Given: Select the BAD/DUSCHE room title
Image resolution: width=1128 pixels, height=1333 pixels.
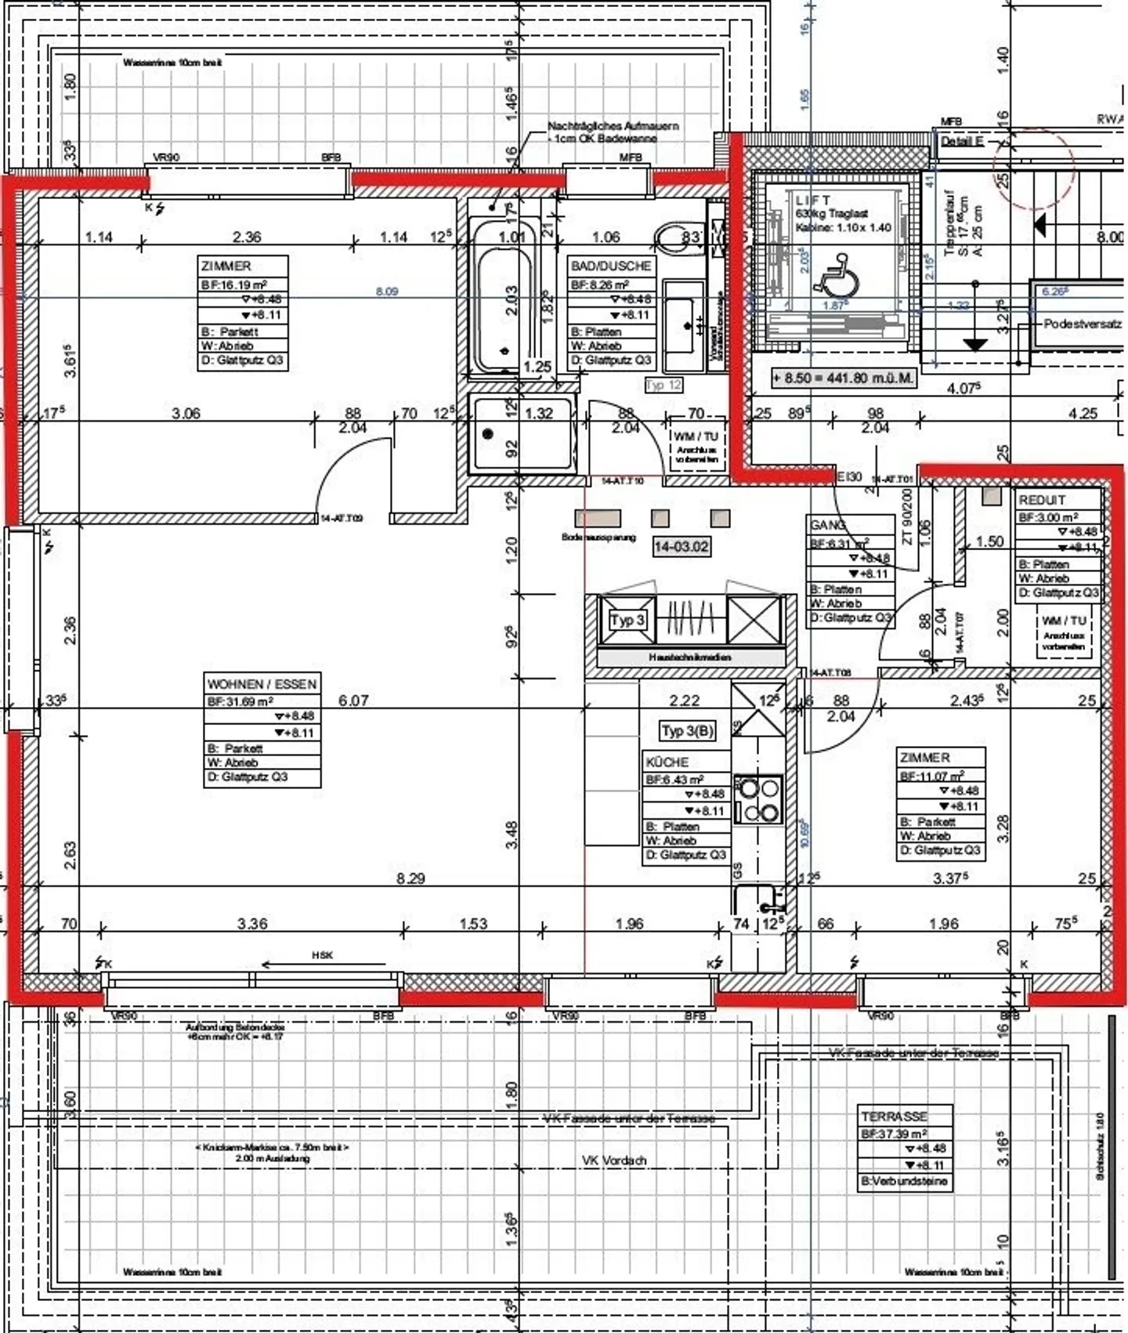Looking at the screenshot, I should coord(611,266).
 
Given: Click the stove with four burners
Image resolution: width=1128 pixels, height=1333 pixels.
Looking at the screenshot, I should coord(757,799).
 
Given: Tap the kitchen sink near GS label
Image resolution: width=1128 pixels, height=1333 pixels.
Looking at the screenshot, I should coord(755,901).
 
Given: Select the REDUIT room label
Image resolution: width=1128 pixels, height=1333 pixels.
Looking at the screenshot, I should coord(1042,500).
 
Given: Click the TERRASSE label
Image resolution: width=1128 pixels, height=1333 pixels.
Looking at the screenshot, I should coord(894,1117).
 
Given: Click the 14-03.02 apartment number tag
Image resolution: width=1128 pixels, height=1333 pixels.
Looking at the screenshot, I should coord(681,546).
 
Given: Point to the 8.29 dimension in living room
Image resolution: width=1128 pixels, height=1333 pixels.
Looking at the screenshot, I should coord(410,878).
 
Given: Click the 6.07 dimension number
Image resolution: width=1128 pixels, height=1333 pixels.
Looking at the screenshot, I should coord(353,701).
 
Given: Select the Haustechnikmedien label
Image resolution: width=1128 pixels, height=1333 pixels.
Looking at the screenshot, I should coord(690,657).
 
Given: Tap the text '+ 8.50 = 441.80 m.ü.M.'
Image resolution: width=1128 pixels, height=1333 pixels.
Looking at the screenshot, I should coord(843,378).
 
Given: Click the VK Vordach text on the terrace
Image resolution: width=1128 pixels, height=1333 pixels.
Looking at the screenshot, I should coord(614,1161).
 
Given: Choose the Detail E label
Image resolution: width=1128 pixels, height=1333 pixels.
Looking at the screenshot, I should coord(961,142).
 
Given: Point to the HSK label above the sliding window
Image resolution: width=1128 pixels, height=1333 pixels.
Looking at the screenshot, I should coord(322,955).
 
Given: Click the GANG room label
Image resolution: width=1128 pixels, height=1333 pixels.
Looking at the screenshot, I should coord(827,525).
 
